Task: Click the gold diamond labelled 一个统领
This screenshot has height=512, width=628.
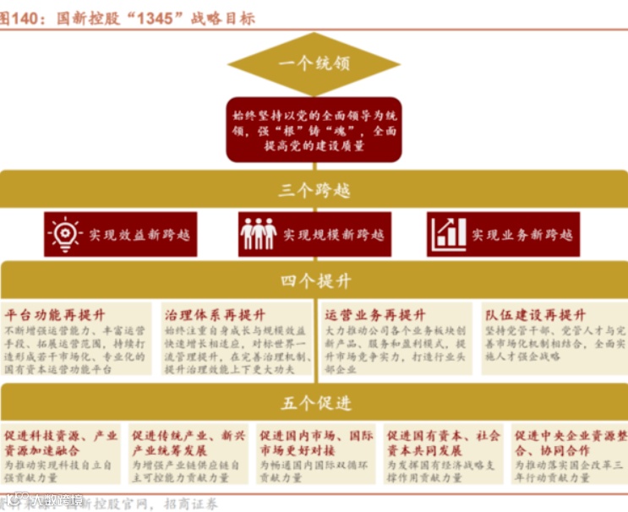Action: point(314,64)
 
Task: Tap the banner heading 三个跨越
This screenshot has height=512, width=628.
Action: point(314,190)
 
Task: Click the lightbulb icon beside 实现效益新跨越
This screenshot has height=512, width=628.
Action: point(65,233)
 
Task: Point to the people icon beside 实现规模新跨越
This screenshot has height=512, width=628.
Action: point(258,233)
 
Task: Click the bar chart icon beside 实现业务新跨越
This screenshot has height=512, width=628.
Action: point(448,233)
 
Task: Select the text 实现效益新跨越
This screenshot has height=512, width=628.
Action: point(139,234)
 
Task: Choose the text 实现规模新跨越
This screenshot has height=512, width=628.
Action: point(333,234)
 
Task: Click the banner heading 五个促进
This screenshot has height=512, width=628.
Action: point(314,403)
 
